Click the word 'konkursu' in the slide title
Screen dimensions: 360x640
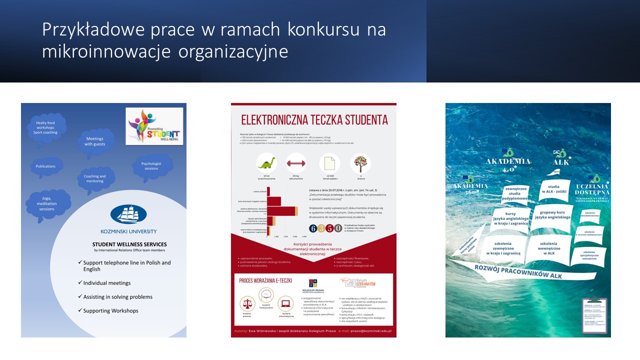(x=322, y=30)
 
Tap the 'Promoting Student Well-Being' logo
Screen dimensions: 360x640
(x=154, y=126)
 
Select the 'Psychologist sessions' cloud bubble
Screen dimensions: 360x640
(x=153, y=165)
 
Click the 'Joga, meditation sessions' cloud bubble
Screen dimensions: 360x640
(x=47, y=203)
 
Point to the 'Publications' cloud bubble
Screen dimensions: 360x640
(x=45, y=166)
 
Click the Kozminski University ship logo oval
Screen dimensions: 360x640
(x=128, y=214)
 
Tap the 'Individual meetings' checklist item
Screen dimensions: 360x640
(x=107, y=283)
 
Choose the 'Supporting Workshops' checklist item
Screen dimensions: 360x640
(x=110, y=310)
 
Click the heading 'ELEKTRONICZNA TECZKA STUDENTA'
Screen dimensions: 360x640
(x=314, y=120)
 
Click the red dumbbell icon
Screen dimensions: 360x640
(x=296, y=163)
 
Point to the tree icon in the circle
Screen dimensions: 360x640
(x=360, y=163)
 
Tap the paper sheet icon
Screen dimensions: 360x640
(x=329, y=163)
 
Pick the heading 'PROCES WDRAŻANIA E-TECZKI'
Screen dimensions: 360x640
(x=265, y=281)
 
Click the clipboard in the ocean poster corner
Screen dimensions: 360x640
(x=594, y=316)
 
